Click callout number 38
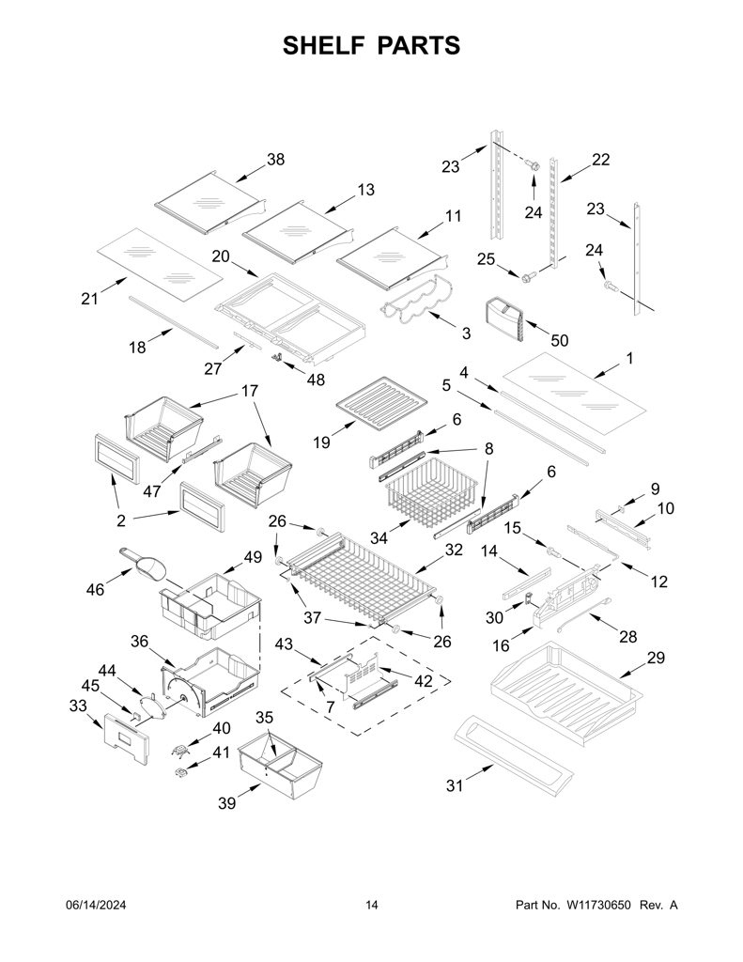point(275,160)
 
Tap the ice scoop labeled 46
point(143,564)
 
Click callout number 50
point(560,340)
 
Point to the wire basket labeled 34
point(433,489)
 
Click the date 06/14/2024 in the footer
point(95,905)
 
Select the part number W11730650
point(598,905)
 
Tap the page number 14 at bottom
point(372,905)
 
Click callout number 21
point(89,300)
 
